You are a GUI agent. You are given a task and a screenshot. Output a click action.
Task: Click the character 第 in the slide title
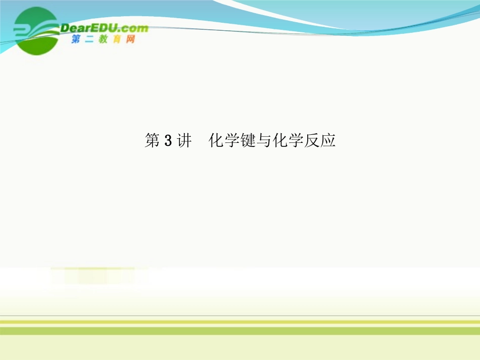pyautogui.click(x=153, y=141)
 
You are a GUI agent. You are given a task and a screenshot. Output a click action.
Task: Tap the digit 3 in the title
pyautogui.click(x=168, y=141)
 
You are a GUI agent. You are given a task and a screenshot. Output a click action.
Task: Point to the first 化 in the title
pyautogui.click(x=217, y=141)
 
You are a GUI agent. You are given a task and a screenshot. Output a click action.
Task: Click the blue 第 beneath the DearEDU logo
pyautogui.click(x=76, y=39)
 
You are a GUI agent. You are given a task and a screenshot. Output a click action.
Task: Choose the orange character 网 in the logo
pyautogui.click(x=130, y=39)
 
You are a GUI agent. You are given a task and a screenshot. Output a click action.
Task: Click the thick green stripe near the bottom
pyautogui.click(x=240, y=331)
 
